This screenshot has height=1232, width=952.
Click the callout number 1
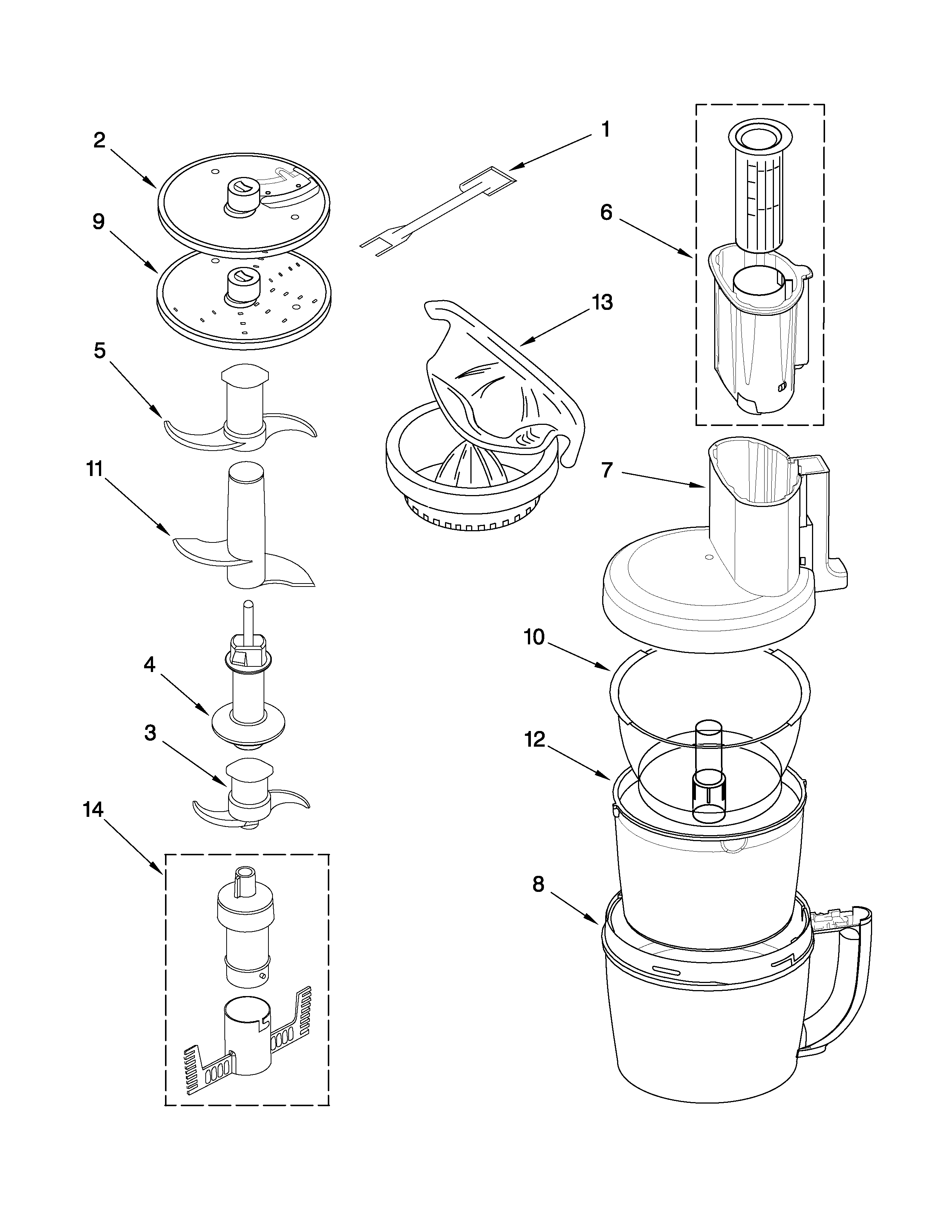click(605, 130)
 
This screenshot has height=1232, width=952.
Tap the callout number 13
click(602, 302)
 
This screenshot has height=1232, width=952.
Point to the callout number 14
click(94, 810)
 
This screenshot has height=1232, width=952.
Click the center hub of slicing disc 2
click(243, 195)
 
